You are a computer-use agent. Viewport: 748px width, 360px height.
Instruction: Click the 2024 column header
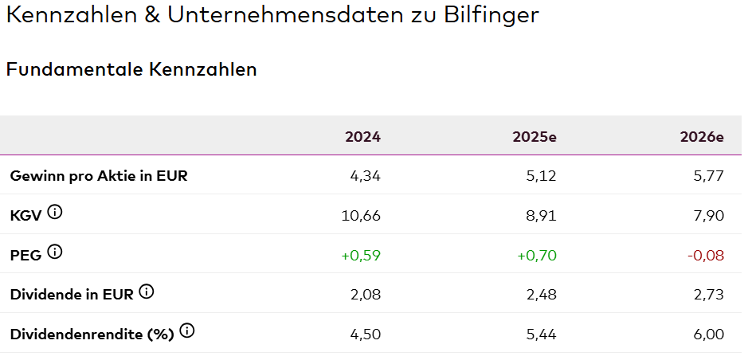pos(362,136)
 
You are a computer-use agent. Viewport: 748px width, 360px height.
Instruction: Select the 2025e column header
pos(535,136)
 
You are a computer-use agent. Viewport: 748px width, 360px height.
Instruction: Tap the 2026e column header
pos(702,136)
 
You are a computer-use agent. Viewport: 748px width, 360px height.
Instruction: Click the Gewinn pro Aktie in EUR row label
pos(99,176)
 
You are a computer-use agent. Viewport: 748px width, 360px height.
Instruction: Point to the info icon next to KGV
pos(54,212)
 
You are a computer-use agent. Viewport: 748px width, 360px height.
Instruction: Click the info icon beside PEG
pos(54,252)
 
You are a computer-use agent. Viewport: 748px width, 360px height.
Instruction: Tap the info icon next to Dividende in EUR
pos(146,292)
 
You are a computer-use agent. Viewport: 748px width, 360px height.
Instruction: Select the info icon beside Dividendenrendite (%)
pos(186,331)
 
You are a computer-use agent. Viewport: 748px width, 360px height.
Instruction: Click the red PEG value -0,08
pos(705,255)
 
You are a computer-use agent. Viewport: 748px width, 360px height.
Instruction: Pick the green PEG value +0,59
pos(361,255)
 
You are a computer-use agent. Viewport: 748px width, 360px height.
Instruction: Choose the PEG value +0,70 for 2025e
pos(536,255)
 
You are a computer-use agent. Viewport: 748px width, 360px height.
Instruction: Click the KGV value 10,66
pos(365,215)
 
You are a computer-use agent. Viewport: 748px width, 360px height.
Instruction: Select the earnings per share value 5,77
pos(708,176)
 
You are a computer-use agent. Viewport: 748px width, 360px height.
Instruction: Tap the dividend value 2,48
pos(540,295)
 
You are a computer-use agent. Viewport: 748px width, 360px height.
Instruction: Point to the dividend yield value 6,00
pos(708,335)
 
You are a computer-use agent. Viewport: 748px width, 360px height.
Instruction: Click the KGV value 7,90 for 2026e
pos(708,215)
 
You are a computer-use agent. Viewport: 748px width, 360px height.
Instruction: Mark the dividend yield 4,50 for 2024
pos(366,335)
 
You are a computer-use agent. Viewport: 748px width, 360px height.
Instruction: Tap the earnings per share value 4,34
pos(366,176)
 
